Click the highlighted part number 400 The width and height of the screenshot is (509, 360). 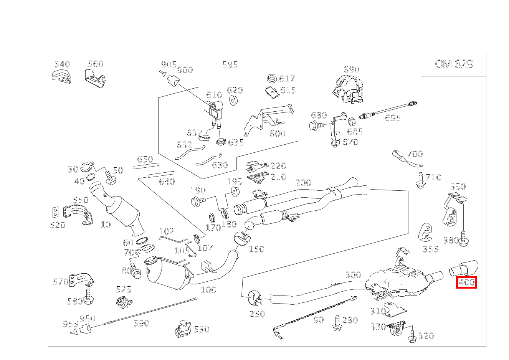click(x=466, y=282)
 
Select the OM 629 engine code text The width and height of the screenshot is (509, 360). click(x=454, y=64)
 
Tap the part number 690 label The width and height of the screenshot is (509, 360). click(x=351, y=69)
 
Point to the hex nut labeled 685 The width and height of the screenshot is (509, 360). click(x=351, y=122)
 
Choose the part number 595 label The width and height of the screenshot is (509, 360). click(x=230, y=64)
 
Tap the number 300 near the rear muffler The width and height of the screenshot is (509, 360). click(x=353, y=275)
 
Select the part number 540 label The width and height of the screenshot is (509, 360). click(x=62, y=64)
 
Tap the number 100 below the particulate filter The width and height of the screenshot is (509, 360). click(x=208, y=290)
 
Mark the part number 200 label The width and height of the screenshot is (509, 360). click(x=303, y=183)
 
